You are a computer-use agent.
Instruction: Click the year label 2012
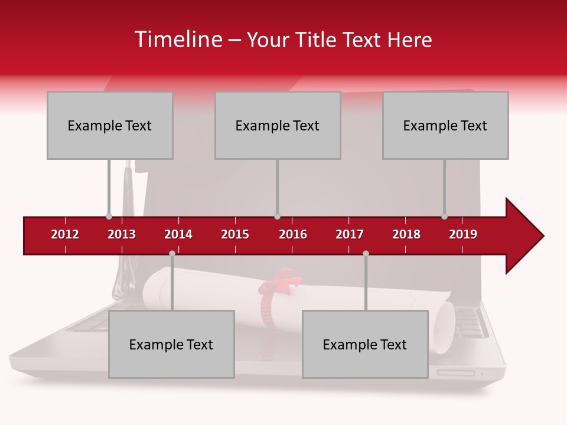(x=65, y=234)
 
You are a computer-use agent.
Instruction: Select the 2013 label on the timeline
(x=122, y=234)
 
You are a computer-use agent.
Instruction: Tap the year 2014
(x=178, y=234)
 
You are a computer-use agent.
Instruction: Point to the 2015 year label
(x=235, y=234)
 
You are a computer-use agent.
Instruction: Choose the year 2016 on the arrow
(x=293, y=234)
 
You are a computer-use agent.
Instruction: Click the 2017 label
(x=350, y=234)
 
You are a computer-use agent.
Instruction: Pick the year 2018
(x=406, y=234)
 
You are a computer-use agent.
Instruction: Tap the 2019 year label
(x=463, y=234)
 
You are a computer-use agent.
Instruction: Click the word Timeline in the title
(x=178, y=40)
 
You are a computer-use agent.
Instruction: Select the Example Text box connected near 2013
(x=110, y=125)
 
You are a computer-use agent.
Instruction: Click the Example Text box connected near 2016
(x=278, y=125)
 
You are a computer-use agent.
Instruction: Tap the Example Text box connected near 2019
(x=445, y=125)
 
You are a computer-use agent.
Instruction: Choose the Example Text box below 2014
(x=171, y=344)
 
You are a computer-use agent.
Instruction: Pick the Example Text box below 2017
(x=365, y=344)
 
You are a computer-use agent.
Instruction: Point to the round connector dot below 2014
(x=172, y=253)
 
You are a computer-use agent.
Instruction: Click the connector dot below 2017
(x=366, y=253)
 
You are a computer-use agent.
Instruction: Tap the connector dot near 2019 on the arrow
(x=444, y=216)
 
